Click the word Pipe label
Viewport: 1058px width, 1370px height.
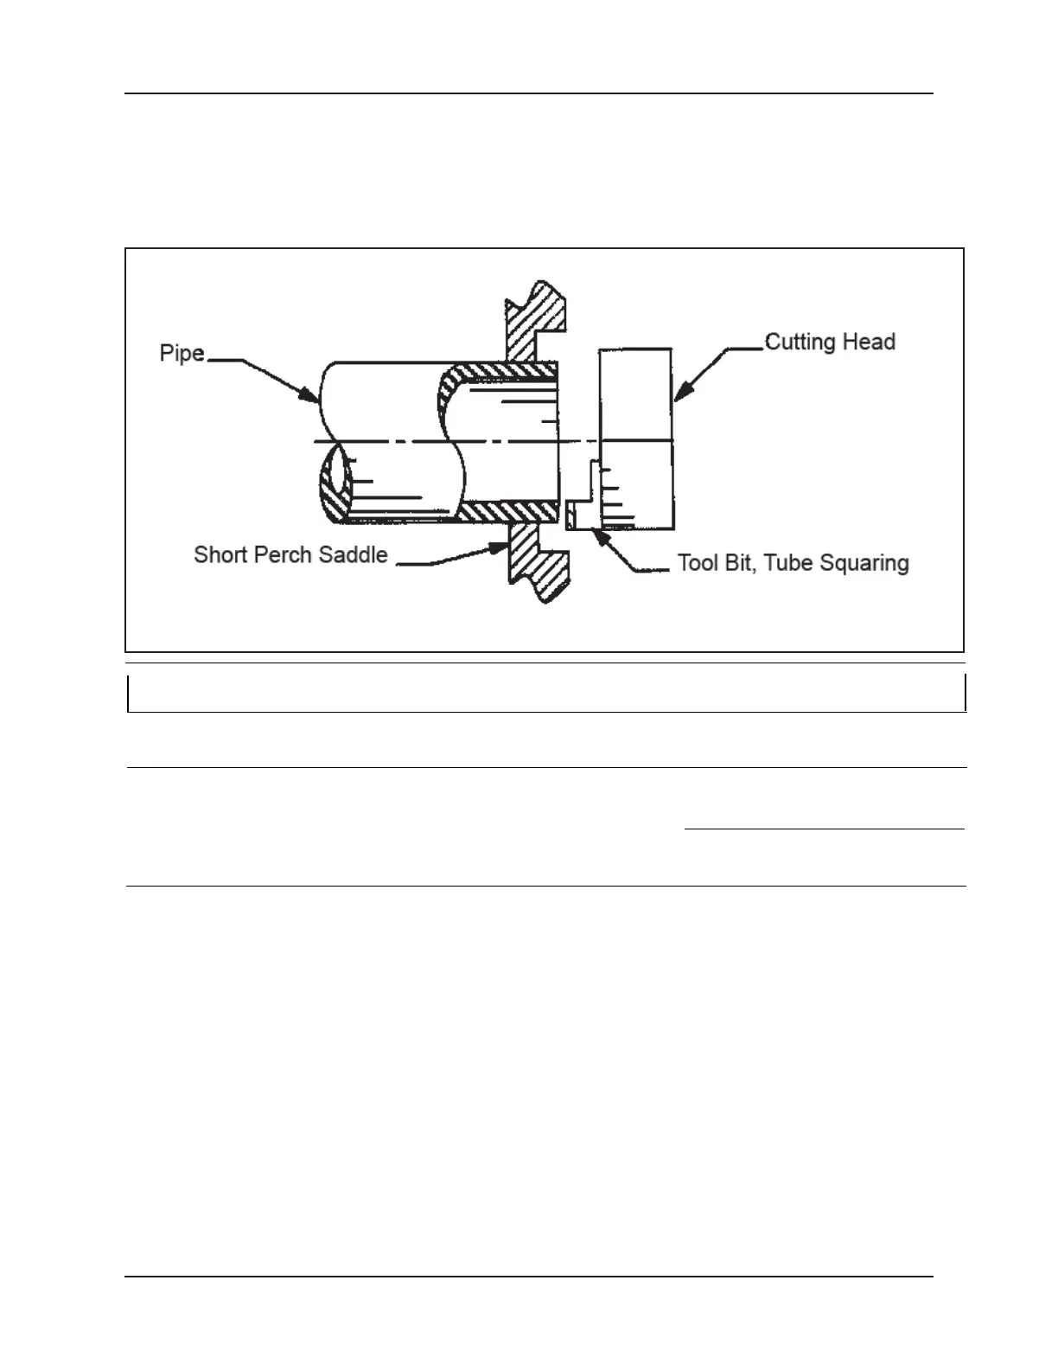pos(182,354)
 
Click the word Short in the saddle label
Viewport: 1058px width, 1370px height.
pos(220,555)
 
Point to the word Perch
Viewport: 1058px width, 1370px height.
pos(284,555)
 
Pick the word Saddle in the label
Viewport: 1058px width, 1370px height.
pos(354,555)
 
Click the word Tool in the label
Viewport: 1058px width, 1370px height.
pos(698,563)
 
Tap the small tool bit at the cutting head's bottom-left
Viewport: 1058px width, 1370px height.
pos(572,515)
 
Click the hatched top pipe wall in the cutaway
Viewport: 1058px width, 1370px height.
pos(501,373)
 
